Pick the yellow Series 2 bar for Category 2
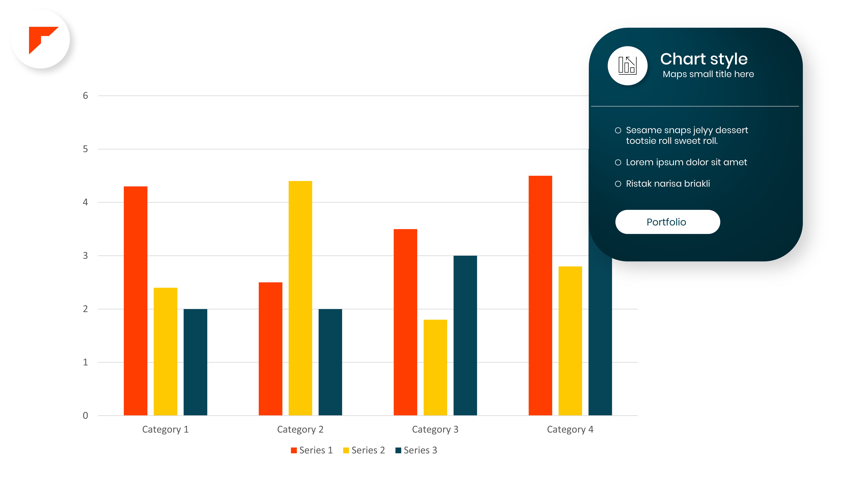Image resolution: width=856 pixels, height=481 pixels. pos(300,298)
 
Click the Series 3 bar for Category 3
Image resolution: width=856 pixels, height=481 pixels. pos(465,335)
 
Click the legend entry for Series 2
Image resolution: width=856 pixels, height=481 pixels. pos(364,450)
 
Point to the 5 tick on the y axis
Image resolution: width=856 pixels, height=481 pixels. pos(85,149)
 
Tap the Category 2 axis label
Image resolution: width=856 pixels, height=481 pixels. pos(300,430)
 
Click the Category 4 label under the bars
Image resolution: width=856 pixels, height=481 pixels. pos(570,430)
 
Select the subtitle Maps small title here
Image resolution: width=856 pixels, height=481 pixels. pos(708,74)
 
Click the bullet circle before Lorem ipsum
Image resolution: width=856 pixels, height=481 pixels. pos(618,162)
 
